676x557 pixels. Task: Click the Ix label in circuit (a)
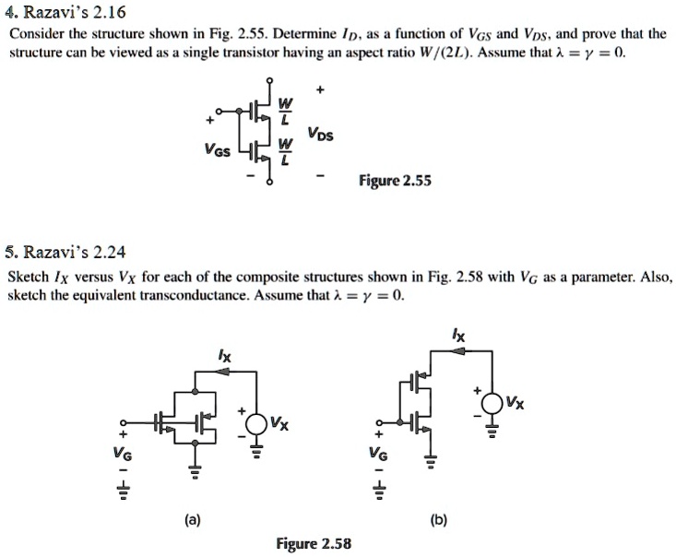click(222, 354)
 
